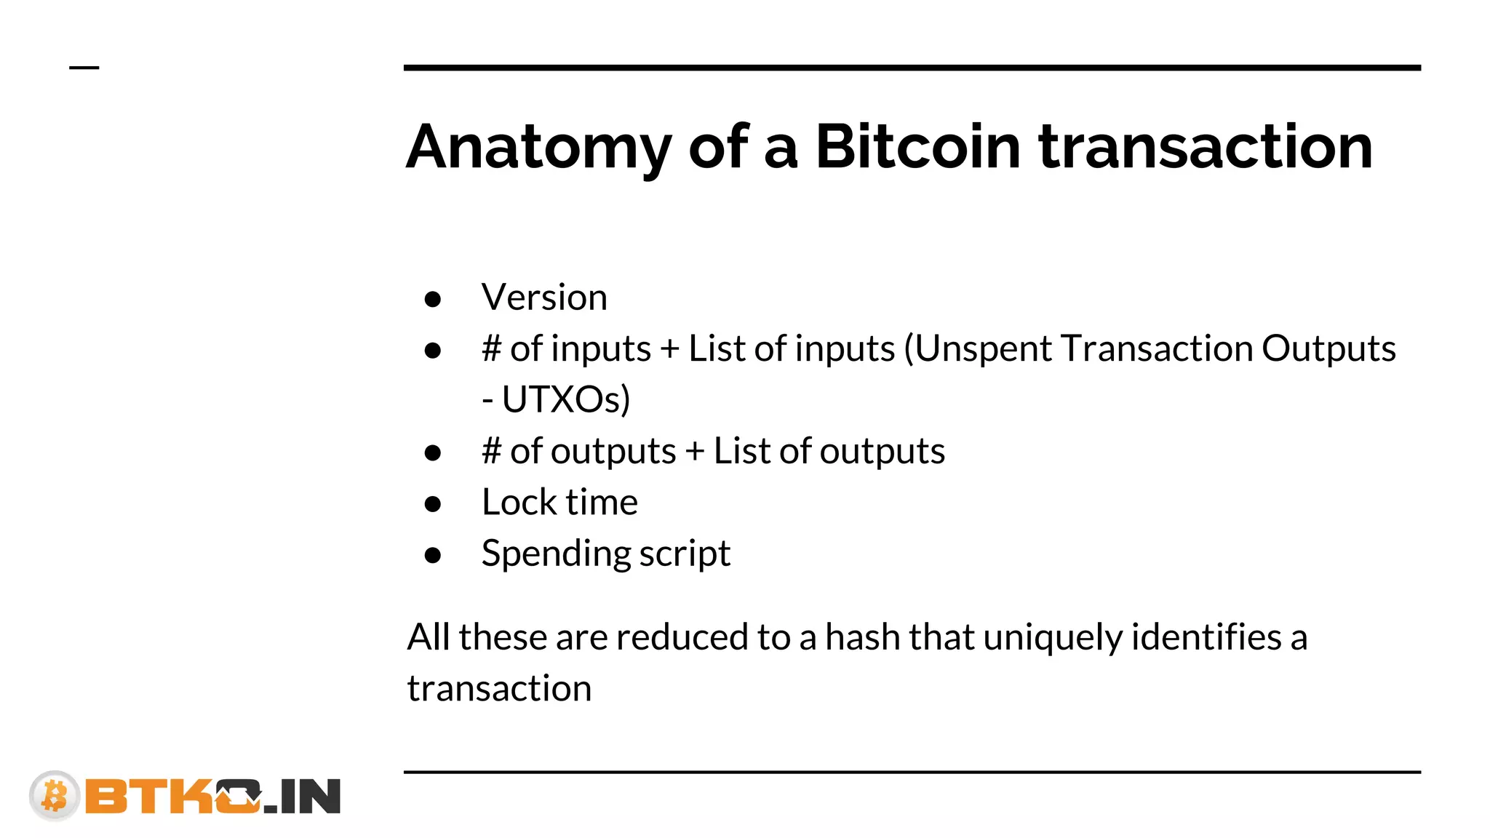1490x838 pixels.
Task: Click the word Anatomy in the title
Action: click(x=538, y=148)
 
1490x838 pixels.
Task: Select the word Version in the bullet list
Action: click(x=544, y=298)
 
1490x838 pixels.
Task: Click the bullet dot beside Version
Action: click(x=433, y=299)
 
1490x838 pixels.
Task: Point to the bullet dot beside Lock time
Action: click(x=433, y=504)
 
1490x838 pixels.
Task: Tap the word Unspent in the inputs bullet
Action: click(x=983, y=348)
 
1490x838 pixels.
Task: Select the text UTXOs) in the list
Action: click(x=566, y=399)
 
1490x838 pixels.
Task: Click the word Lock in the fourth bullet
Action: click(x=519, y=502)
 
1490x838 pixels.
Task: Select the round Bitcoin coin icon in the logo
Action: click(x=55, y=795)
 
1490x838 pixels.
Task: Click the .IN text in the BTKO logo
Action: click(x=302, y=797)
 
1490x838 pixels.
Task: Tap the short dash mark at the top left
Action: click(x=84, y=68)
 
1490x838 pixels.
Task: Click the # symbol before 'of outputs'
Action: click(x=492, y=451)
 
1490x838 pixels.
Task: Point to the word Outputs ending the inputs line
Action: click(x=1328, y=348)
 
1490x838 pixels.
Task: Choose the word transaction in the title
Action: click(x=1205, y=148)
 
